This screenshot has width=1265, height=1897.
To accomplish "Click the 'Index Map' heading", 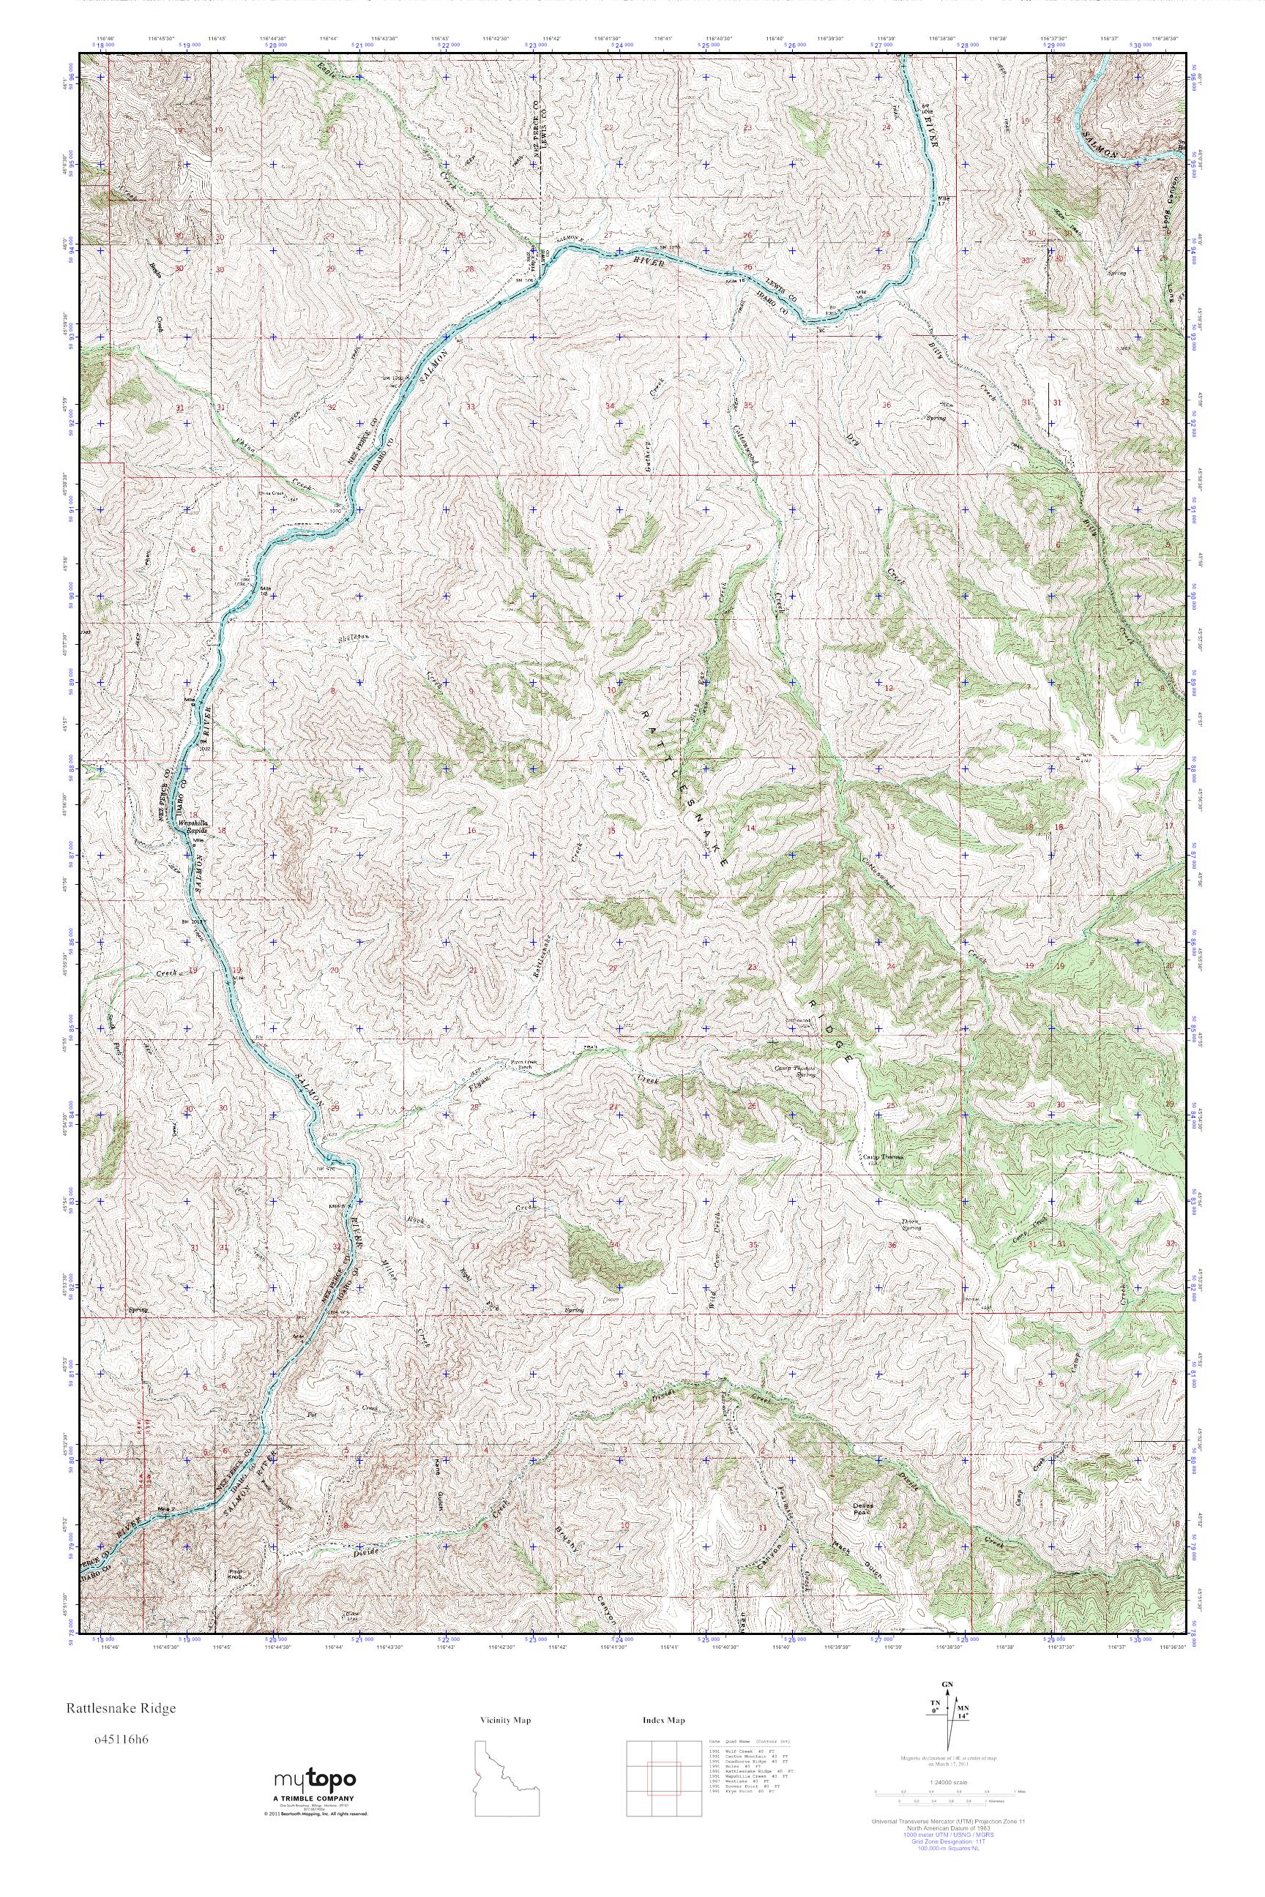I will point(664,1737).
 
